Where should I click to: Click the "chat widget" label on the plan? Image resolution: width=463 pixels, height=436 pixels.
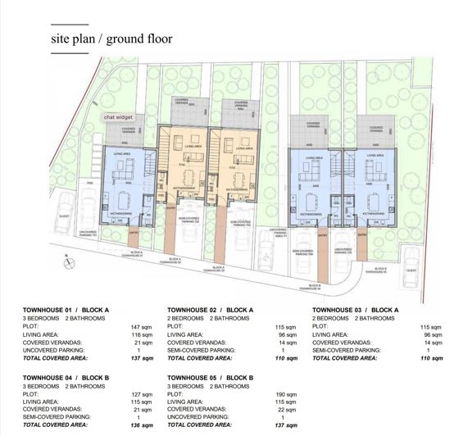click(x=120, y=117)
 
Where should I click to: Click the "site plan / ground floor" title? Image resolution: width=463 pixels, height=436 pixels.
click(x=111, y=39)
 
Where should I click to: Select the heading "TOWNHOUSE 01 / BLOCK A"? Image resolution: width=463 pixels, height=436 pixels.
click(x=66, y=310)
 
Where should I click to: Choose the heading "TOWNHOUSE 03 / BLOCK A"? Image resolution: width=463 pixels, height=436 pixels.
click(x=355, y=310)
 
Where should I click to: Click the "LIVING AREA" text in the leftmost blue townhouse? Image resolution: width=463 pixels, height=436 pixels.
click(x=123, y=154)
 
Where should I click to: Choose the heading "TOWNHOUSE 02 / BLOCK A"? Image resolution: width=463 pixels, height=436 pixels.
click(x=211, y=310)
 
